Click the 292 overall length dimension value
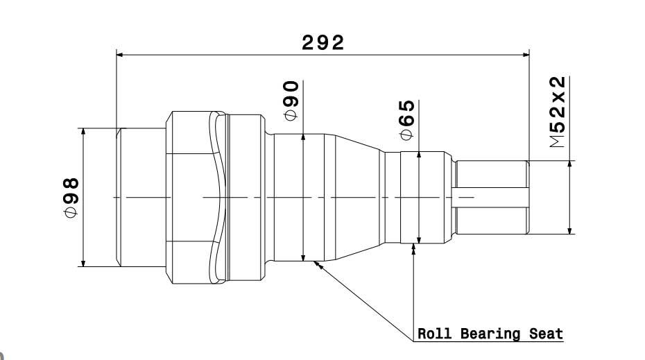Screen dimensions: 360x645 click(322, 43)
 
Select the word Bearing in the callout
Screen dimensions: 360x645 click(488, 334)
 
